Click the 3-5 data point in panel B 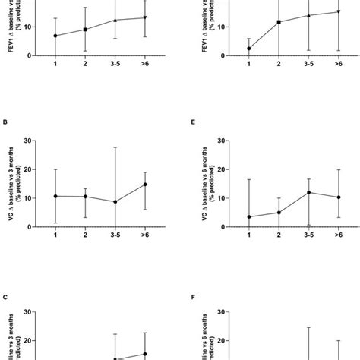tap(114, 202)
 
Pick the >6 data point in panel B tap(144, 184)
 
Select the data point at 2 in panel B tap(84, 197)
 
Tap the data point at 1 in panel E tap(248, 216)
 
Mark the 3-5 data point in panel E tap(308, 192)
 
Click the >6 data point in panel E tap(338, 197)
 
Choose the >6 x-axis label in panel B tap(144, 237)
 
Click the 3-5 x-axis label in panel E tap(308, 237)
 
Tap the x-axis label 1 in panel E tap(248, 237)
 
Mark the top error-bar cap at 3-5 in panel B tap(114, 147)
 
